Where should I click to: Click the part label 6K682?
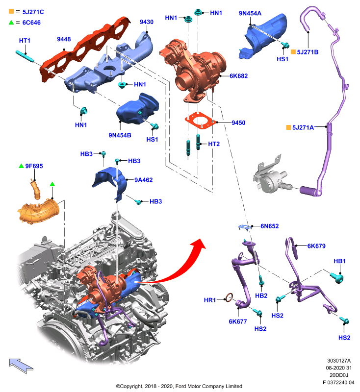coord(239,76)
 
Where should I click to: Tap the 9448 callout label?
coord(64,39)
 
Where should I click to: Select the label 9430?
coord(147,22)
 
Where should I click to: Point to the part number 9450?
coord(238,123)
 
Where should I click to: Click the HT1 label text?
coord(25,41)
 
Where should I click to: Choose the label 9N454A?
coord(250,13)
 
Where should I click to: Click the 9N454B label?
coord(120,135)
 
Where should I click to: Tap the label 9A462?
coord(143,180)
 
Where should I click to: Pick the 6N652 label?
coord(269,226)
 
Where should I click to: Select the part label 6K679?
coord(316,246)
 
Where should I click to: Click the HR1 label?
coord(209,300)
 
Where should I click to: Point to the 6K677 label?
coord(238,321)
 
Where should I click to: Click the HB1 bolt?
coord(337,278)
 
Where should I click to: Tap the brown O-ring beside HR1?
coord(229,297)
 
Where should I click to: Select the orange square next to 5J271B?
coord(293,52)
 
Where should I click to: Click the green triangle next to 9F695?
coord(22,166)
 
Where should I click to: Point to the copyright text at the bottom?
coord(179,386)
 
